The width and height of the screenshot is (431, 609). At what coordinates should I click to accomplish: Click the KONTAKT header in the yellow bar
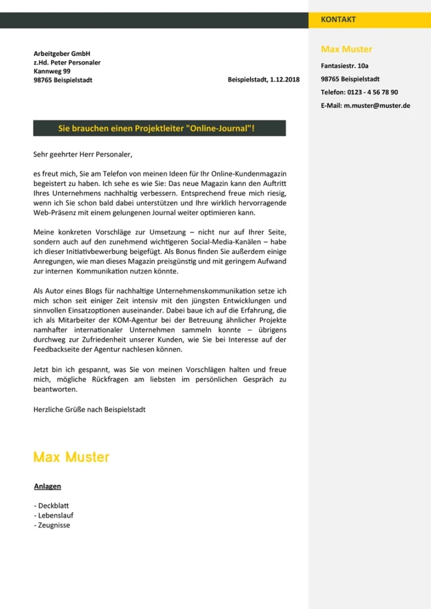(338, 20)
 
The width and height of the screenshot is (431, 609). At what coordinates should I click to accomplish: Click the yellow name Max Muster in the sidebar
(346, 49)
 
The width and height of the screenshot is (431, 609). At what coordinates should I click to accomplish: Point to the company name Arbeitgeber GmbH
(62, 54)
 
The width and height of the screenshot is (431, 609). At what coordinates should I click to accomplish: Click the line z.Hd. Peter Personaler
(67, 62)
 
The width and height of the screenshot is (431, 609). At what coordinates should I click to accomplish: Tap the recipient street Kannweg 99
(52, 71)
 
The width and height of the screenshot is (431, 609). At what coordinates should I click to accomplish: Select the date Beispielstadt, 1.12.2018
(264, 80)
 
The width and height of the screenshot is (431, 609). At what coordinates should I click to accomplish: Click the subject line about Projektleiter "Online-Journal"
(159, 128)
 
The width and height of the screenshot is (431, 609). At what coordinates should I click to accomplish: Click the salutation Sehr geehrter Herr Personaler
(83, 155)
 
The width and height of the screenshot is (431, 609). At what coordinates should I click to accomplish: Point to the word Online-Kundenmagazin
(245, 173)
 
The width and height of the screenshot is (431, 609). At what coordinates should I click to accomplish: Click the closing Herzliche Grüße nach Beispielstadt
(89, 410)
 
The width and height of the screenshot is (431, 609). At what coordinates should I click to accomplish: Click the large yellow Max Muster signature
(71, 457)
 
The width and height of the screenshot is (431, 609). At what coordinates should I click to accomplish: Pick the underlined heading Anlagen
(48, 486)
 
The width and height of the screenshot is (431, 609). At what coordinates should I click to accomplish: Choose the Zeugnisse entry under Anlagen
(54, 525)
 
